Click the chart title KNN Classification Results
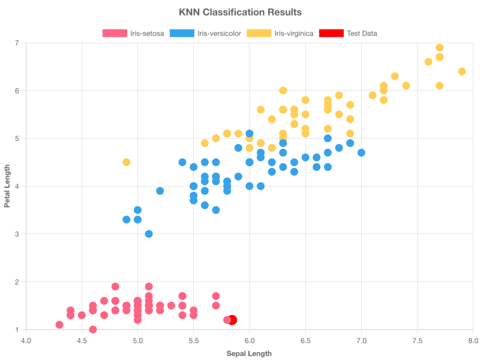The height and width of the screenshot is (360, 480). click(240, 12)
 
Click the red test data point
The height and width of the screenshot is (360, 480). click(232, 320)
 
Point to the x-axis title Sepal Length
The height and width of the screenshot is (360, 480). click(249, 353)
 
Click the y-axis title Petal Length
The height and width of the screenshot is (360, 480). click(7, 186)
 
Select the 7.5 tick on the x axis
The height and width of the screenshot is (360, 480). click(418, 341)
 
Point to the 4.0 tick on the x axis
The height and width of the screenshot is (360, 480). click(26, 341)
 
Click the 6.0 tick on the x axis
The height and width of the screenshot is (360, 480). click(250, 341)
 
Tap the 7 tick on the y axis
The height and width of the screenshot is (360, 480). click(17, 43)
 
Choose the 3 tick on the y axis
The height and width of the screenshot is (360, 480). click(17, 234)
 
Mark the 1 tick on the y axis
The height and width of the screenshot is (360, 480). click(17, 330)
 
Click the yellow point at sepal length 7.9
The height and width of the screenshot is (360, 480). click(462, 71)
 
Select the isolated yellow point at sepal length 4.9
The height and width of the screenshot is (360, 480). click(127, 162)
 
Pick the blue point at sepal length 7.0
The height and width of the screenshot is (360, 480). click(361, 152)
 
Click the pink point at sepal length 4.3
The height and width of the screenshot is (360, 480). click(59, 325)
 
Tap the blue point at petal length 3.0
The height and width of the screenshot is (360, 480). click(149, 234)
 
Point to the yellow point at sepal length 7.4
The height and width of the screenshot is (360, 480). click(406, 86)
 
